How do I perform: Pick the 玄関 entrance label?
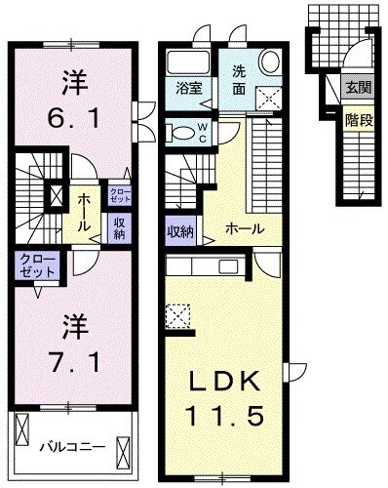tap(358, 88)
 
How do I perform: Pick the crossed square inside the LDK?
tap(176, 315)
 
